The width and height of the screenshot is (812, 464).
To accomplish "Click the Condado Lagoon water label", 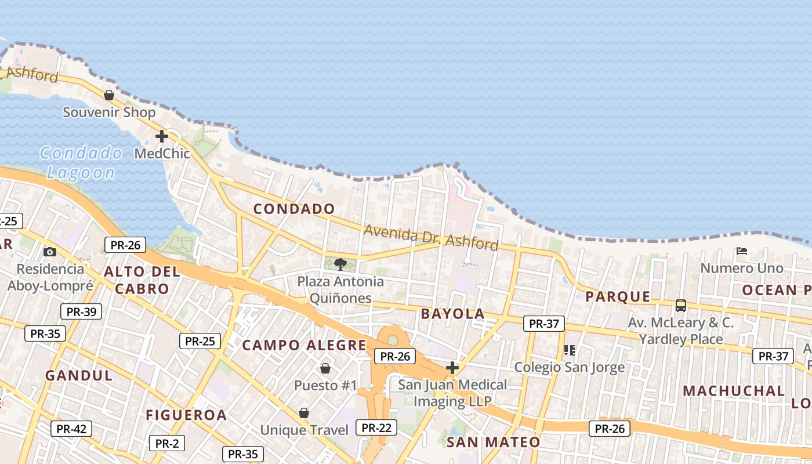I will point(81,162).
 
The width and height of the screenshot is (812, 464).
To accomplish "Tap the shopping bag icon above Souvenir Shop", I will point(108,95).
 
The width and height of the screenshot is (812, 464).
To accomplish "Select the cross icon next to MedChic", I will point(162,136).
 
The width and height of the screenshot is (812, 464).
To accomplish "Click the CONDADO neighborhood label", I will point(294,209).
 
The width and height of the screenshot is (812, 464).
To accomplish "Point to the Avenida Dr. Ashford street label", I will point(431,237).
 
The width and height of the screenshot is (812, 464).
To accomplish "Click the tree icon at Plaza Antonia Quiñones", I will point(340,264).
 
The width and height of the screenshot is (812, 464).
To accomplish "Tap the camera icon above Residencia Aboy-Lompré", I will point(50,252).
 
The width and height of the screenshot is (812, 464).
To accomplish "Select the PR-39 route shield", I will point(81,311).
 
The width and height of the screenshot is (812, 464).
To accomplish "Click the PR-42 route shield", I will point(71,429).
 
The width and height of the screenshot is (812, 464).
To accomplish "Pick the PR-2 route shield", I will point(167,444).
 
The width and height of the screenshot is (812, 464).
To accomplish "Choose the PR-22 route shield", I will point(376,428).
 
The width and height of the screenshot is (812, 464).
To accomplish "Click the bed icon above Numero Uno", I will point(741,251).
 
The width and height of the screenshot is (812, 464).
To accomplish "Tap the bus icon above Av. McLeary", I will point(681,305).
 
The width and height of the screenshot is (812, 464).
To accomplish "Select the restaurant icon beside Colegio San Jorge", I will point(570,350).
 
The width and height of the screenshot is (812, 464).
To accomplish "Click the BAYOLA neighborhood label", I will point(452,314).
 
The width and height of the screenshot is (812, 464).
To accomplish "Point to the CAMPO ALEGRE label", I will point(304,345).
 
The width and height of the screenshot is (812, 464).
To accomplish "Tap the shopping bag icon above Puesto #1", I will point(325,368).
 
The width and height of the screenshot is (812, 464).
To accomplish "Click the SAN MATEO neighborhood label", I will point(493,442).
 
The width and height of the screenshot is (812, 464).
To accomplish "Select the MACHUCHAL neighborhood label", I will point(733,390).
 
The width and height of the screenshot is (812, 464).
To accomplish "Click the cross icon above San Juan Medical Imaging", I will point(452,367).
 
